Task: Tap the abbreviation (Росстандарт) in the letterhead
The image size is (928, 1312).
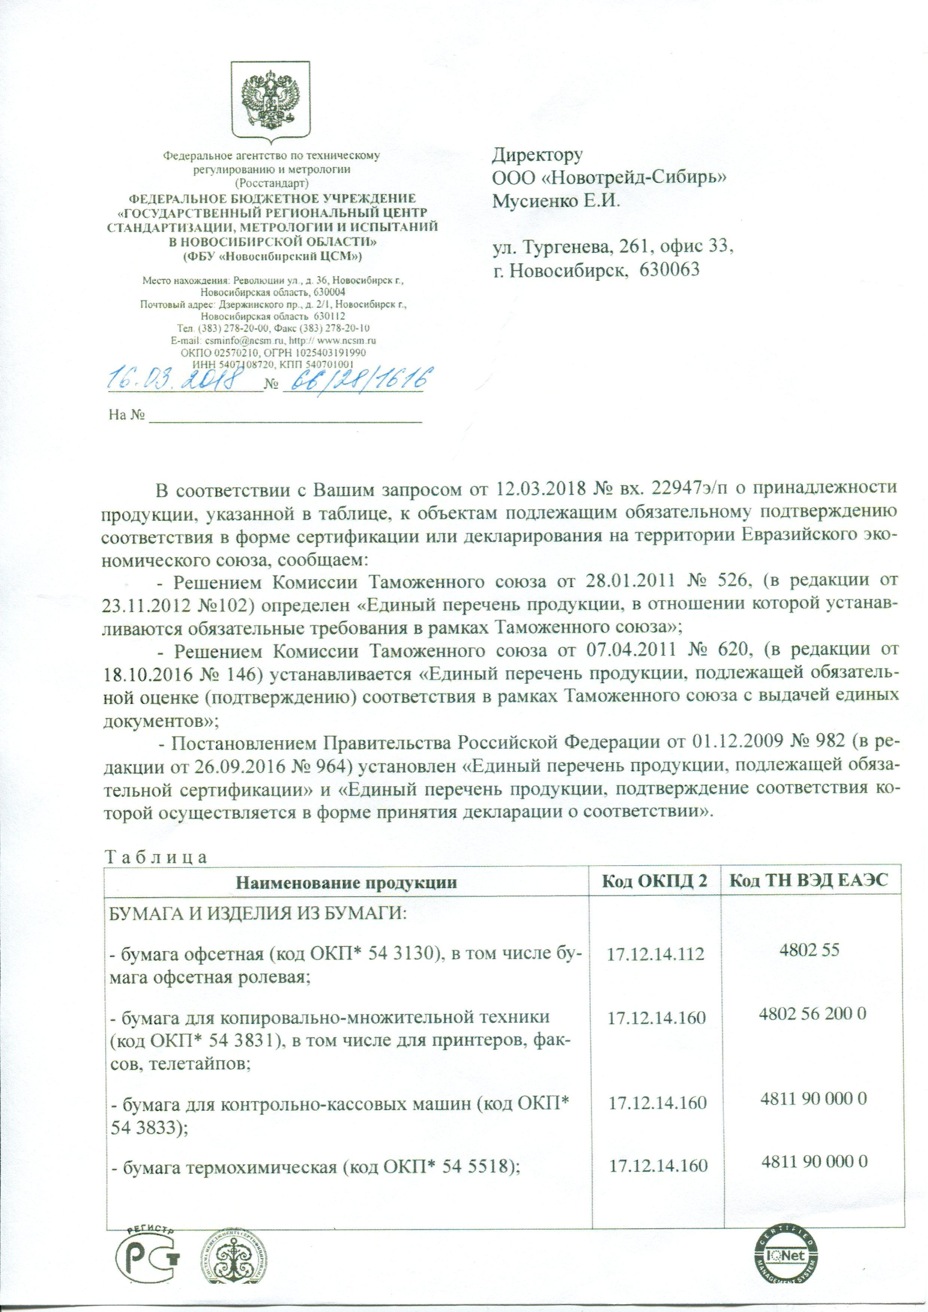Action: pos(272,184)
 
